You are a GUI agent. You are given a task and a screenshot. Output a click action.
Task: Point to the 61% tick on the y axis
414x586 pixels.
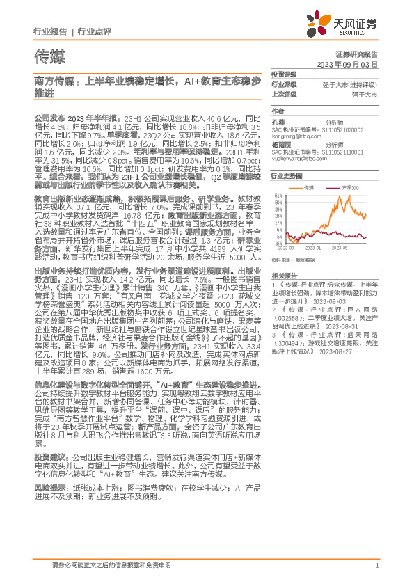point(278,195)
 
